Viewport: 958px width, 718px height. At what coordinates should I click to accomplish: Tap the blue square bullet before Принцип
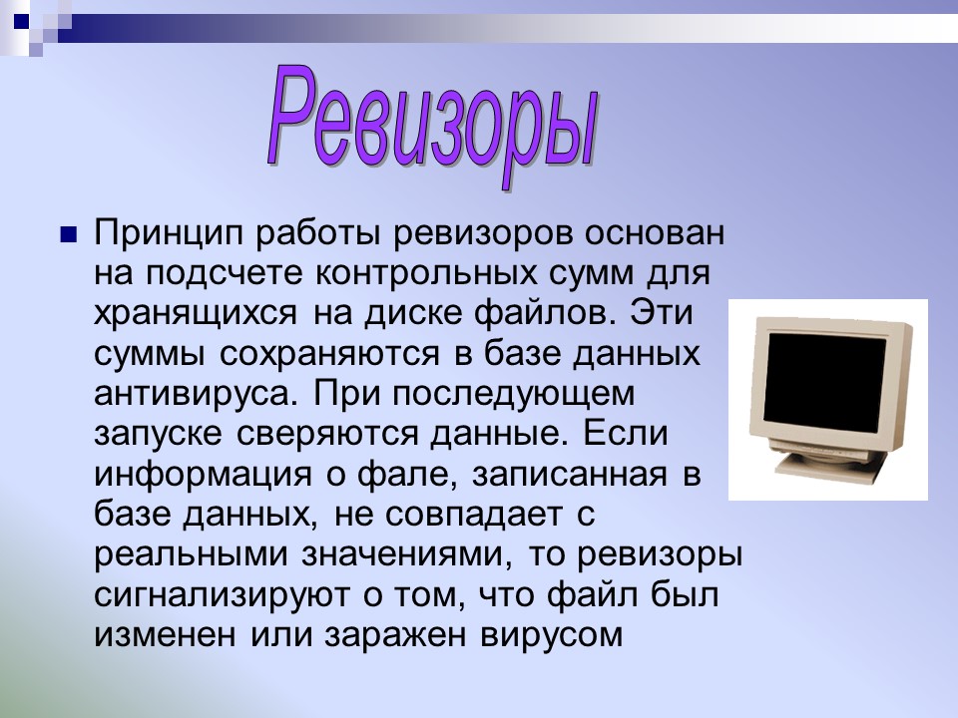(68, 236)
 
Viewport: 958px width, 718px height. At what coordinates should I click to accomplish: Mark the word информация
(191, 473)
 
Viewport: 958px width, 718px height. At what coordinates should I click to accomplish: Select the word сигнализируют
(215, 594)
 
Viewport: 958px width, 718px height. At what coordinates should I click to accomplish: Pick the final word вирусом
(545, 633)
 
